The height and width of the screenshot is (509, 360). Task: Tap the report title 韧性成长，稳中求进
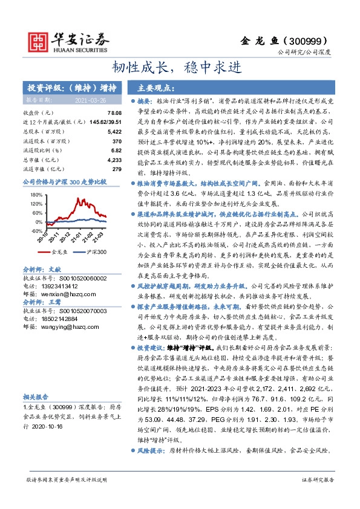point(180,66)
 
